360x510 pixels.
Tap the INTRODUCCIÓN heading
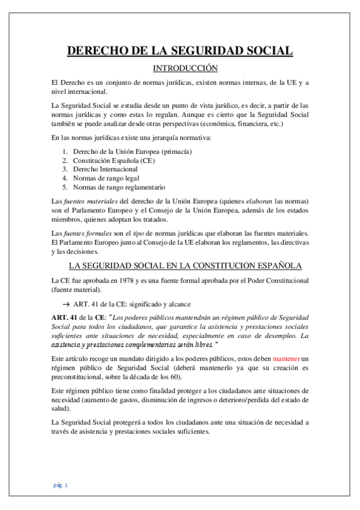point(180,68)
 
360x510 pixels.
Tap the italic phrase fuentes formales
point(84,234)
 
